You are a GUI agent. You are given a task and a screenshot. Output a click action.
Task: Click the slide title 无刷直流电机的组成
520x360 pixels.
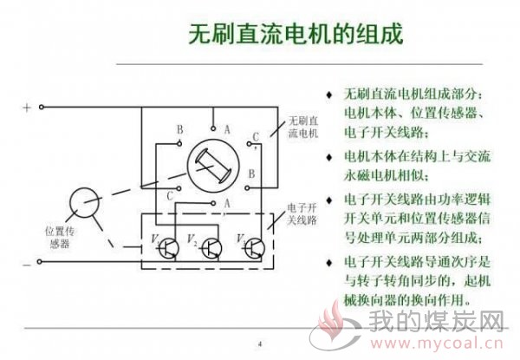pos(296,34)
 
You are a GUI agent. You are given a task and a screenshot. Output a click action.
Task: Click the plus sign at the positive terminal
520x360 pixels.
pos(27,108)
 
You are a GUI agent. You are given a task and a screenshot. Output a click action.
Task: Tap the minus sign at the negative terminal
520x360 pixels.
pos(27,265)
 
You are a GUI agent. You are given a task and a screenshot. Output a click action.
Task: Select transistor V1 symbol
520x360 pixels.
pos(168,248)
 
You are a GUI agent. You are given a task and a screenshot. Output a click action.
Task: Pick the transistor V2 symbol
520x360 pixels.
pos(211,248)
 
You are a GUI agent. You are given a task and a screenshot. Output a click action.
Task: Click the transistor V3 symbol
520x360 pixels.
pos(254,248)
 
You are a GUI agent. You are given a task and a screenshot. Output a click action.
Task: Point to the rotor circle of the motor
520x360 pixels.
pos(213,166)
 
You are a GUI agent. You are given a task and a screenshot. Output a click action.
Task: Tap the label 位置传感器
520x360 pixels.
pos(60,238)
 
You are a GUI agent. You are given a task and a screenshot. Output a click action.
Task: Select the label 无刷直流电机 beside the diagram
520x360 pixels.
pos(302,127)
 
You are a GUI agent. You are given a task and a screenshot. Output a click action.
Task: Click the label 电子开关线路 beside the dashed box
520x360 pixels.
pos(302,214)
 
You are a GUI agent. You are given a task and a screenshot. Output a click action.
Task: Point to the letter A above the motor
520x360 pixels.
pos(227,129)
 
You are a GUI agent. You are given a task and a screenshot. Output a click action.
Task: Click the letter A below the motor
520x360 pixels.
pos(227,203)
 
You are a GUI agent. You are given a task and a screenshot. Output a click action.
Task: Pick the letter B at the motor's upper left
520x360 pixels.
pos(180,129)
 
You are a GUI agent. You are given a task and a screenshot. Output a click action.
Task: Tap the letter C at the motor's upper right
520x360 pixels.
pos(256,137)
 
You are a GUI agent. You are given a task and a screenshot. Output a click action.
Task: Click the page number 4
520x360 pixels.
pos(260,344)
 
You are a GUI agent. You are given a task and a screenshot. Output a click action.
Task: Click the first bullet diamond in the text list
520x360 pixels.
pos(329,95)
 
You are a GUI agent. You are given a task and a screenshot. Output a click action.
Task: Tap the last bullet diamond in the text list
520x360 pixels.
pos(329,263)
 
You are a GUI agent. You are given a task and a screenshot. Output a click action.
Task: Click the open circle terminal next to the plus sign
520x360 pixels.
pos(42,107)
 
